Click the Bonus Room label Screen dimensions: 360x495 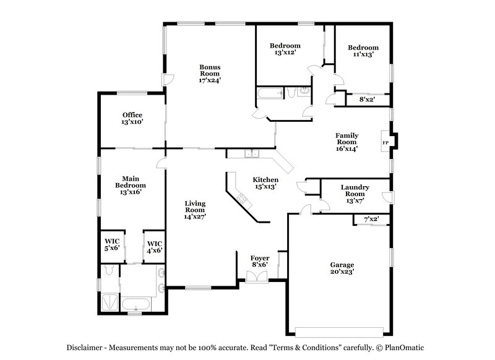click(x=210, y=73)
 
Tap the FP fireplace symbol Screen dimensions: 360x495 click(x=385, y=143)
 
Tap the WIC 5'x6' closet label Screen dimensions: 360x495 click(x=112, y=245)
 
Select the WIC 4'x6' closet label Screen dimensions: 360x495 click(x=154, y=247)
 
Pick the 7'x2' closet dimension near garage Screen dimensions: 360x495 click(x=371, y=219)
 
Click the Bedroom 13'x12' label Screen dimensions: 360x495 click(x=285, y=49)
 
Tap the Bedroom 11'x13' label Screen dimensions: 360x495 click(x=363, y=51)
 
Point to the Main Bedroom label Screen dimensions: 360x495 click(x=131, y=185)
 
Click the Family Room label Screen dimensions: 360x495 click(x=347, y=141)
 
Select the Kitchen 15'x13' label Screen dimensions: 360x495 click(x=264, y=183)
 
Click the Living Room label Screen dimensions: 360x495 click(x=195, y=209)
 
